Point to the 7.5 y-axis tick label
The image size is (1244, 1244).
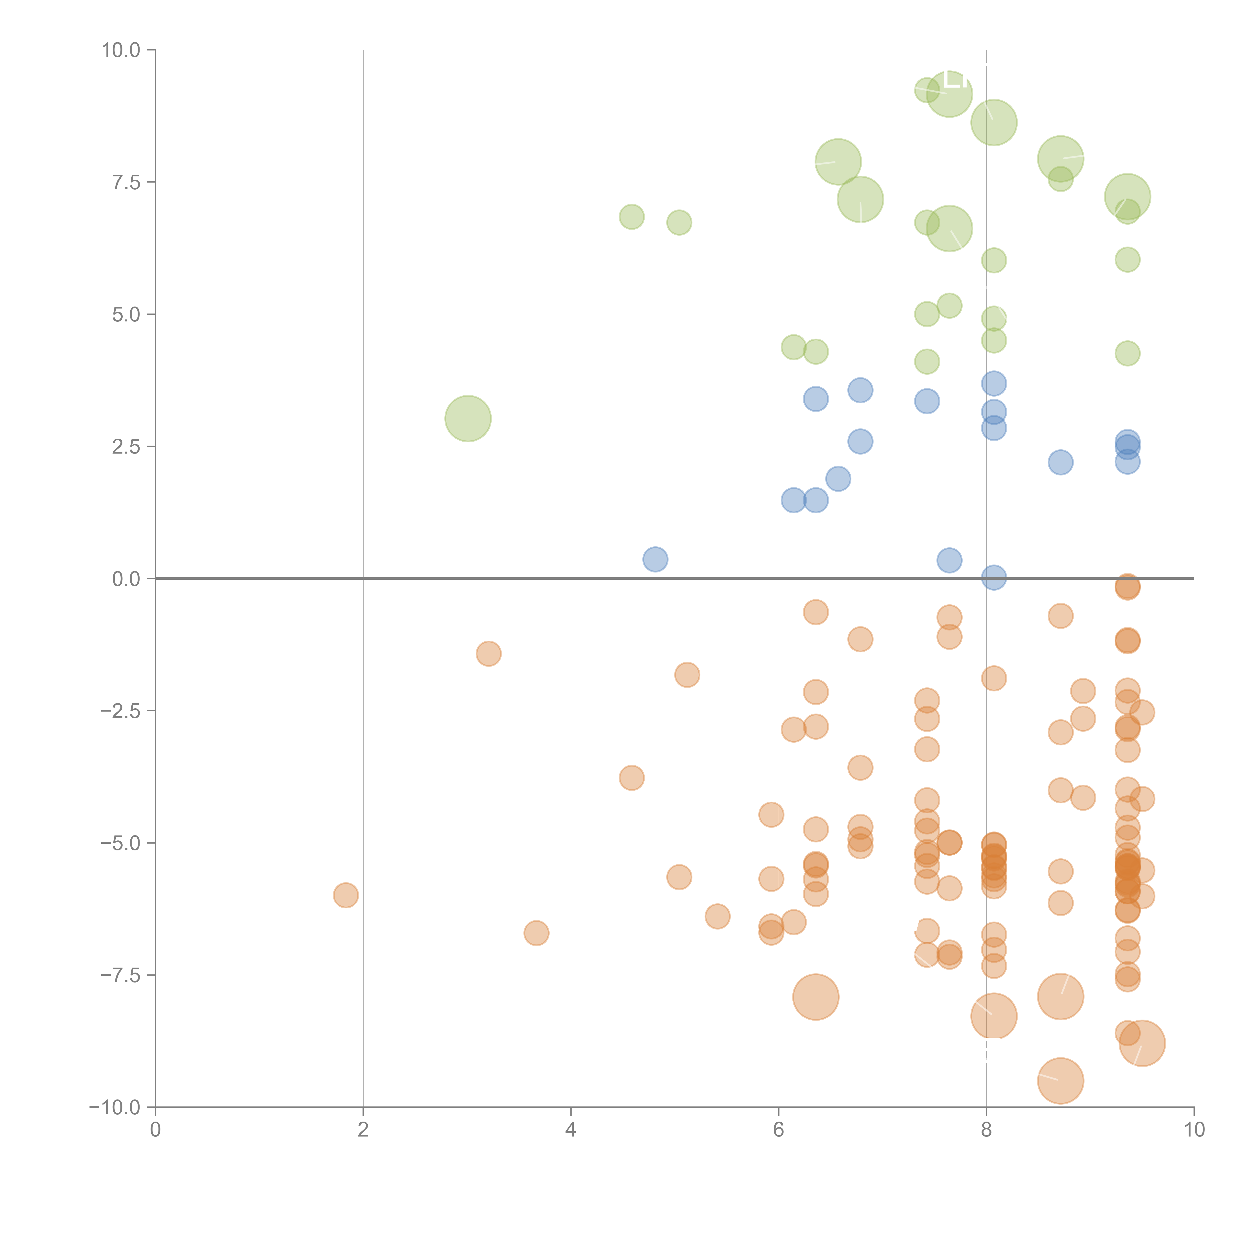pyautogui.click(x=126, y=182)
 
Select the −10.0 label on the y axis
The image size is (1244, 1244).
pyautogui.click(x=115, y=1107)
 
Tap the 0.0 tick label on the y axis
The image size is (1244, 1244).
pyautogui.click(x=126, y=579)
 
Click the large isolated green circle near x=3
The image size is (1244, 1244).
pyautogui.click(x=468, y=418)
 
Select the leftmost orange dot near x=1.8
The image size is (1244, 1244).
pyautogui.click(x=346, y=895)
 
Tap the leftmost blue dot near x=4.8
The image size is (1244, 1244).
pyautogui.click(x=655, y=559)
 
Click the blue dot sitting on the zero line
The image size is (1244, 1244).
pyautogui.click(x=993, y=577)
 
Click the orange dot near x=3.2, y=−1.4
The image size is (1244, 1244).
pyautogui.click(x=489, y=654)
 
